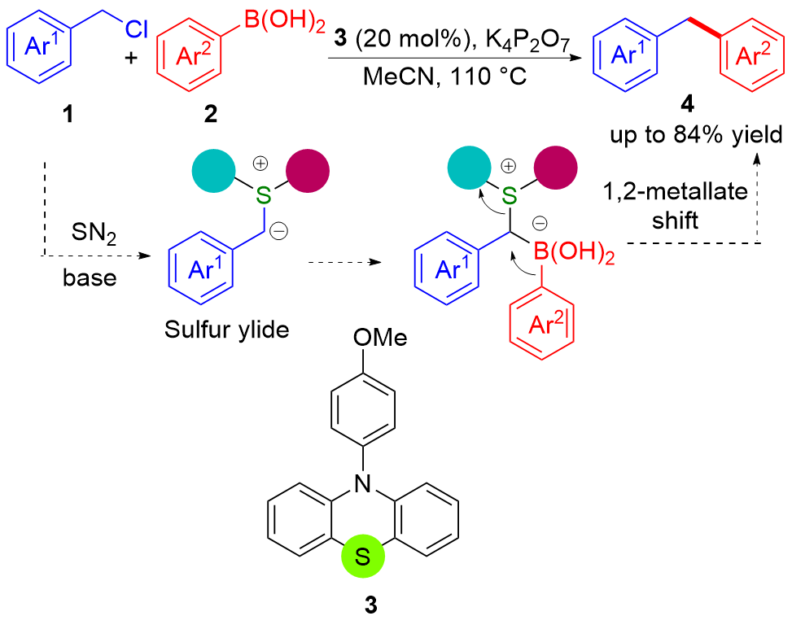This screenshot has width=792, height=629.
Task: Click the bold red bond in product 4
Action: point(698,46)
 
